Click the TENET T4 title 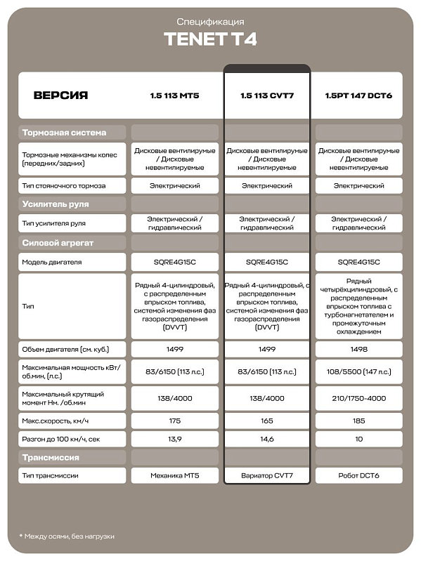(210, 39)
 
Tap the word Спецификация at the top (210, 22)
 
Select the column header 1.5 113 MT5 (174, 95)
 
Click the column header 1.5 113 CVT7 (266, 95)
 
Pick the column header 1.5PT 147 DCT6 (358, 95)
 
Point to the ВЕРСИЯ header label (60, 95)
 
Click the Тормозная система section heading (64, 133)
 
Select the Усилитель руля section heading (56, 204)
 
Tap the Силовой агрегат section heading (58, 243)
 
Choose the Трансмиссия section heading (51, 458)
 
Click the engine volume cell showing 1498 (358, 349)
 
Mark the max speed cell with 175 (174, 421)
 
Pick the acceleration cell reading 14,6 (266, 439)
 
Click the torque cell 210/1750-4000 (358, 398)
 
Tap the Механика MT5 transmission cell (174, 476)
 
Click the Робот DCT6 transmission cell (358, 476)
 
